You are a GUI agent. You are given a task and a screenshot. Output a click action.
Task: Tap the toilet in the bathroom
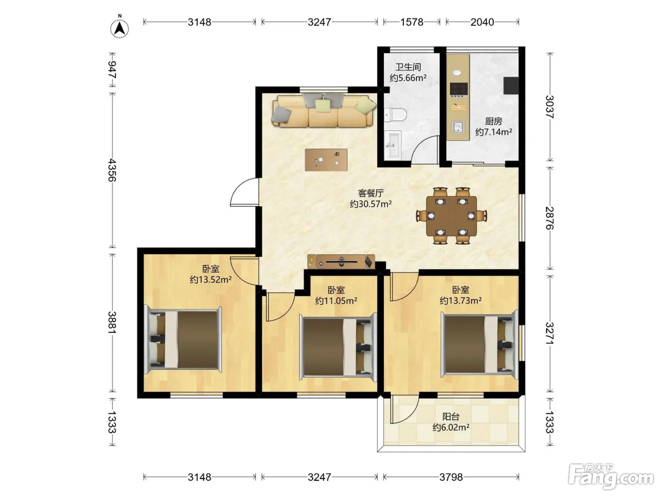click(395, 115)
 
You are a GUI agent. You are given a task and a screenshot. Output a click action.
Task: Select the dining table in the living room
click(451, 215)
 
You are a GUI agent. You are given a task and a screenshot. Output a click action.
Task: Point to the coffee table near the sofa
click(326, 160)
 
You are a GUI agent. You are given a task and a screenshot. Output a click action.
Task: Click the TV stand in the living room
click(341, 261)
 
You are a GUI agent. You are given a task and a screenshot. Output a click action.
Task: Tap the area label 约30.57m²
click(371, 204)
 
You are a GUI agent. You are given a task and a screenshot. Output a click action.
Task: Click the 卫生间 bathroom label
click(408, 67)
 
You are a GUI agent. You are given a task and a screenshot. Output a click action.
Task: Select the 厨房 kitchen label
click(493, 121)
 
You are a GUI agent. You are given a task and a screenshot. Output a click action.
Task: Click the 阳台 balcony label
click(451, 417)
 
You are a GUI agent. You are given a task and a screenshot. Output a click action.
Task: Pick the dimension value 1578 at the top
click(412, 22)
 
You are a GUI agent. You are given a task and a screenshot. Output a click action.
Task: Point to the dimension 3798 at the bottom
click(451, 477)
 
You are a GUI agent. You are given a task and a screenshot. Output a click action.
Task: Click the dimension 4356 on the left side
click(112, 170)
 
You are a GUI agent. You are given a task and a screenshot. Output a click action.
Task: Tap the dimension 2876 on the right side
click(549, 218)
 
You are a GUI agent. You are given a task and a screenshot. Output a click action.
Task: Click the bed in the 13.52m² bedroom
click(183, 340)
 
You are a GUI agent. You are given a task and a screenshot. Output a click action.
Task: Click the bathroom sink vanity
click(392, 145)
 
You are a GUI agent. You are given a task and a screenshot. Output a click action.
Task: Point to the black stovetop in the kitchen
click(459, 89)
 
